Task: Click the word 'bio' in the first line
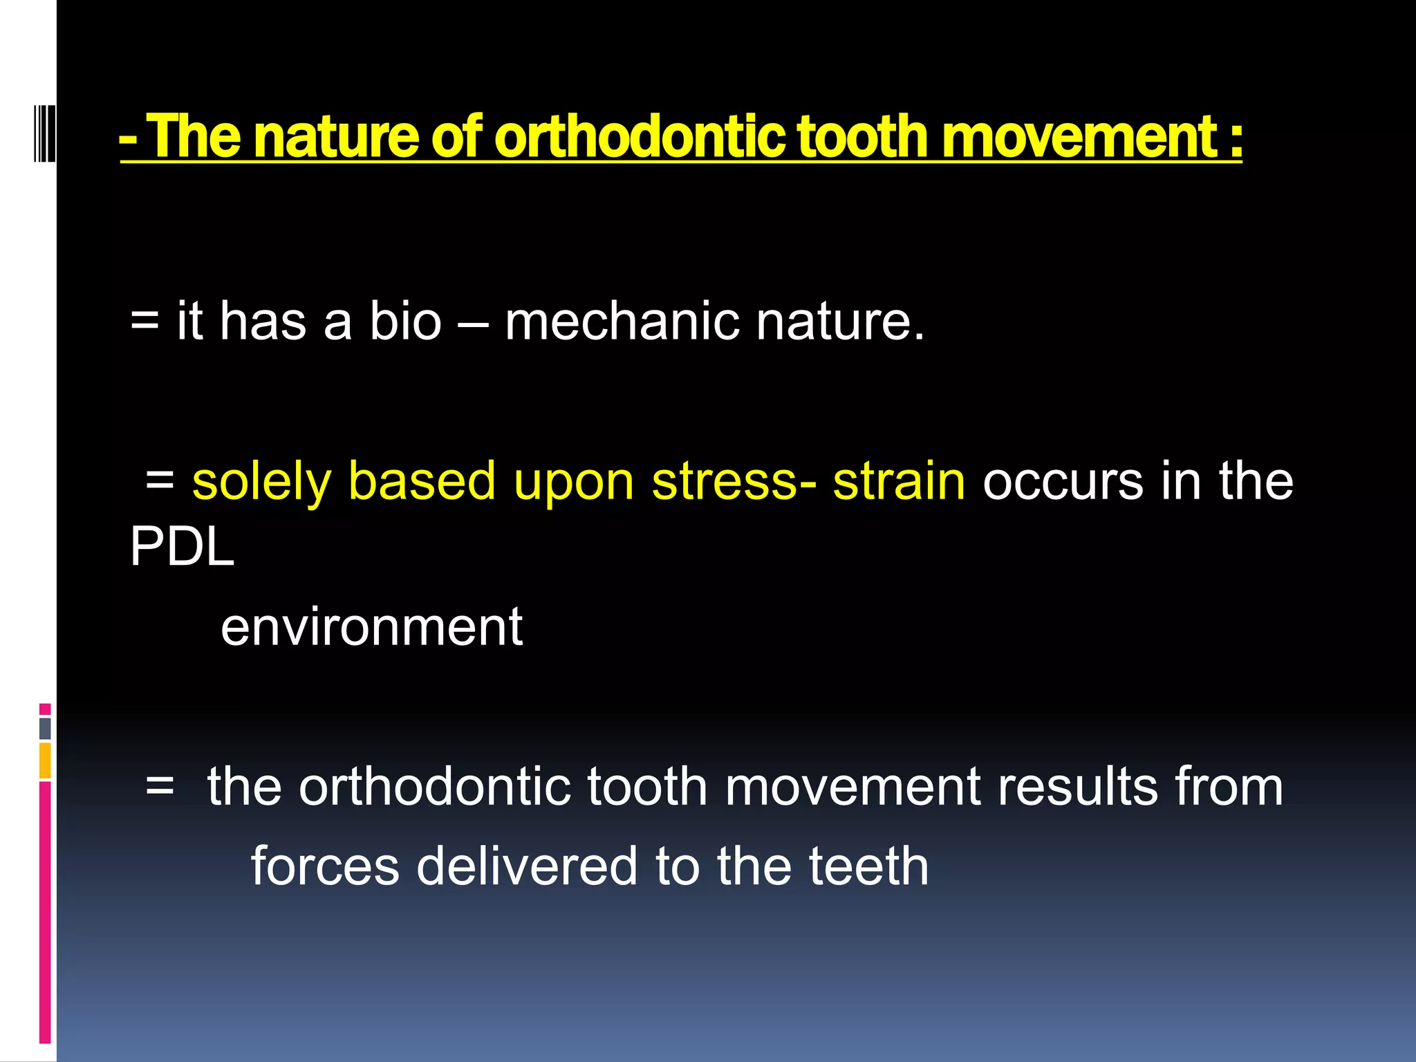(405, 322)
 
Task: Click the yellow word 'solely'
(261, 482)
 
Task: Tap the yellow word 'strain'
(899, 481)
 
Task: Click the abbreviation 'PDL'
(182, 547)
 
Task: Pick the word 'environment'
(371, 627)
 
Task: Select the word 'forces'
(325, 866)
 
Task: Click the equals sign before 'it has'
(145, 322)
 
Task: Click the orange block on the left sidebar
(45, 761)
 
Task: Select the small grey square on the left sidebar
(45, 728)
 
